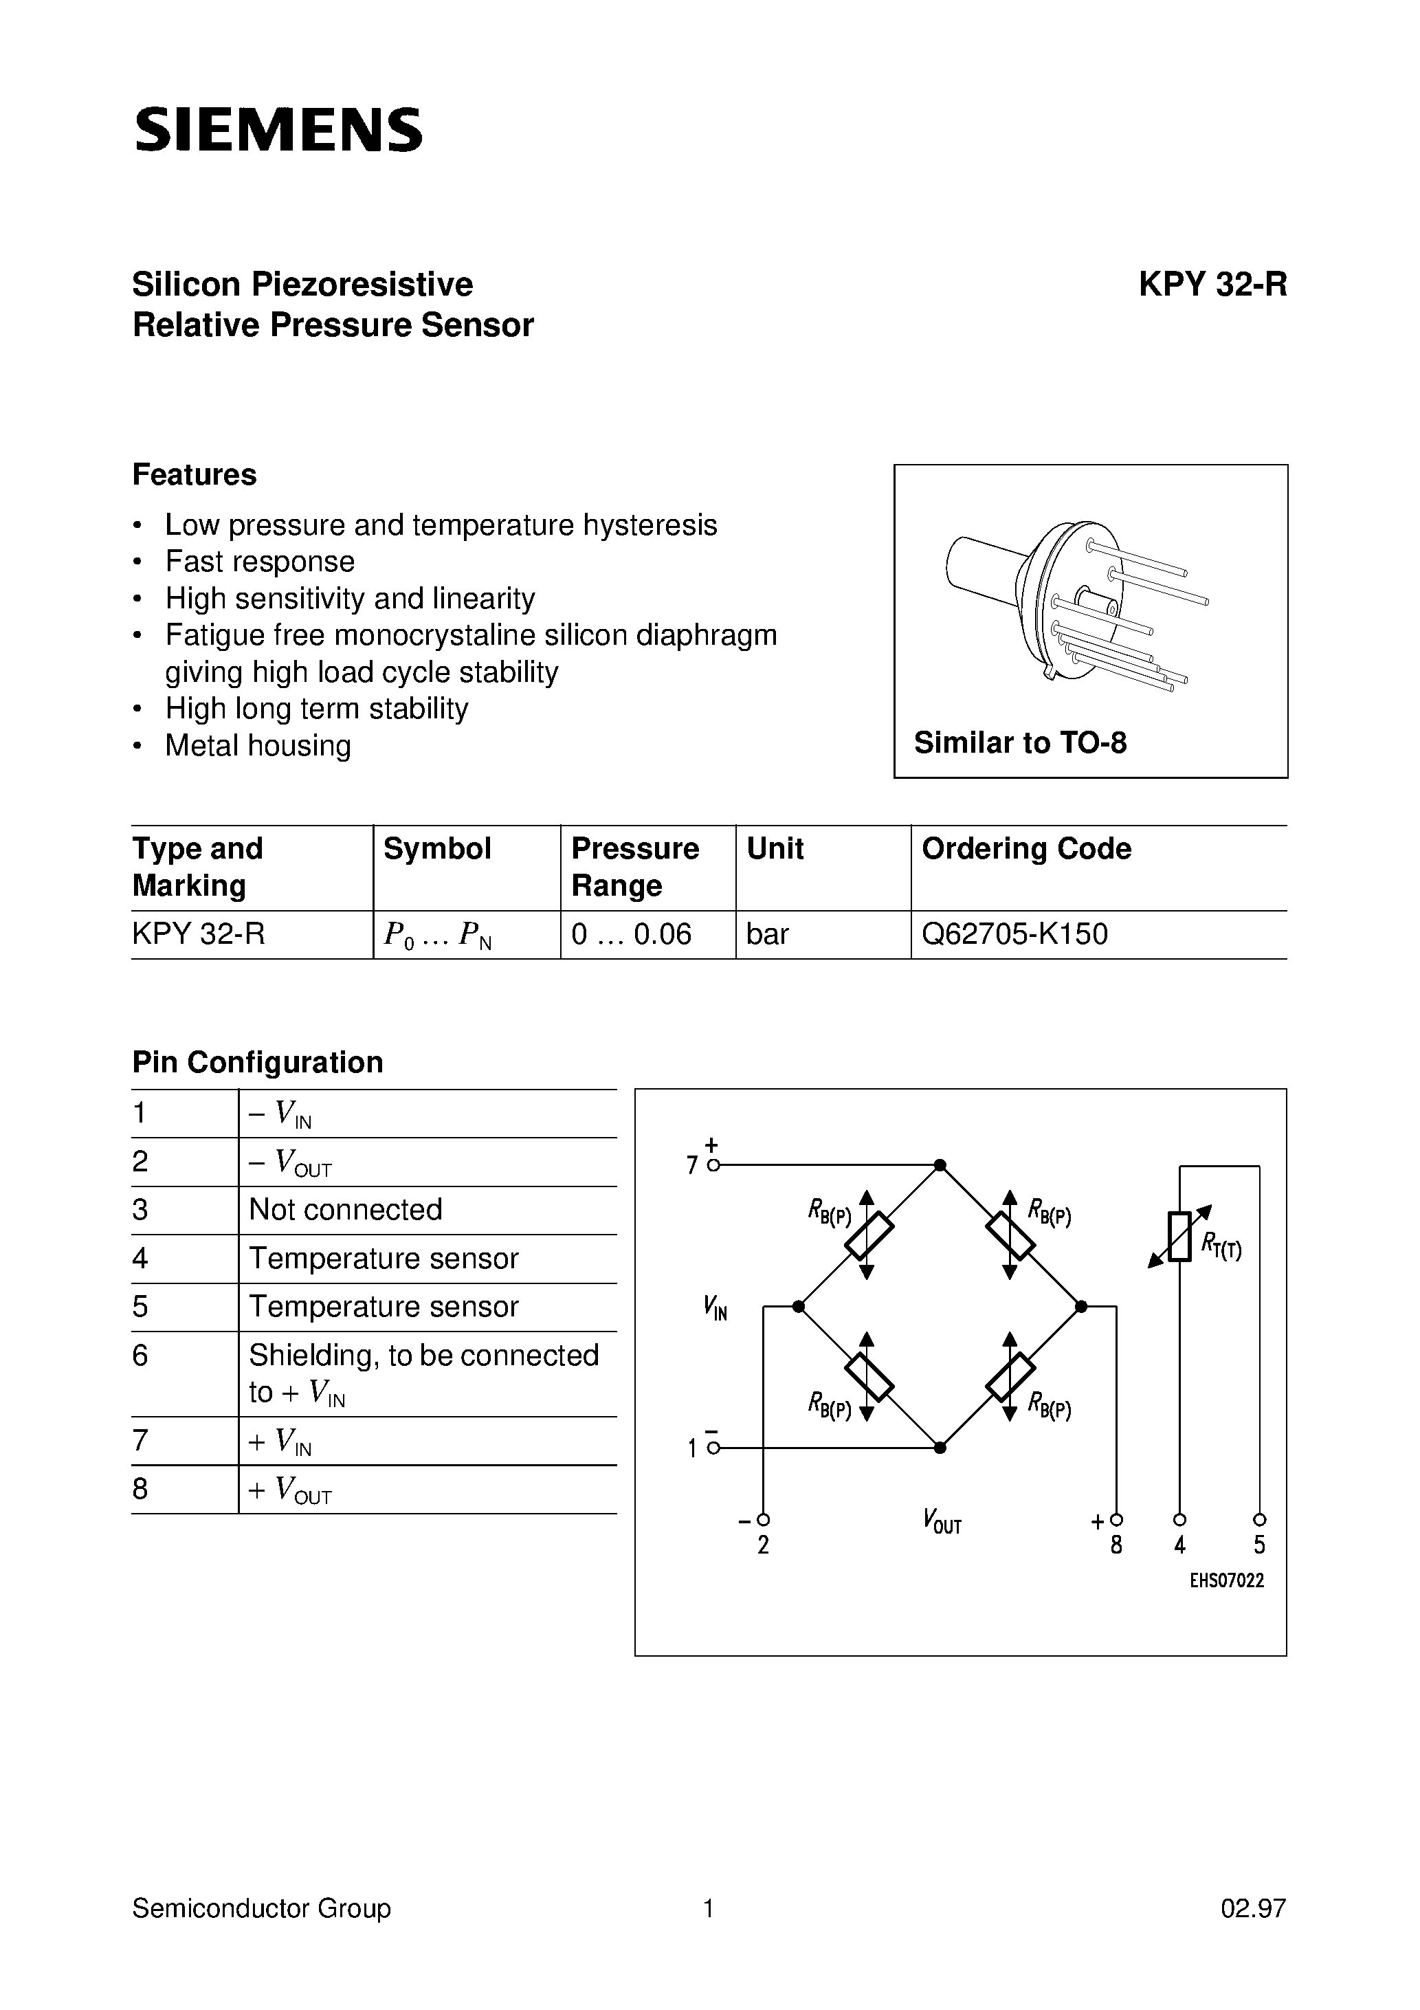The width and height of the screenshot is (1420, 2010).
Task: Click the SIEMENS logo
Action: point(278,131)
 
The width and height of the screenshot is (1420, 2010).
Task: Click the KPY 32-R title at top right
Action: point(1212,285)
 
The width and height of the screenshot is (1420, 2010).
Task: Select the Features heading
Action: point(195,474)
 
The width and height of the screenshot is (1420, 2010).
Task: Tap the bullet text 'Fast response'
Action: point(260,561)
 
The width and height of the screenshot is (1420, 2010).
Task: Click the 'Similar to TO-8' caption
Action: point(1020,742)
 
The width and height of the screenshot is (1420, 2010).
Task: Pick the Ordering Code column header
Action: point(1026,848)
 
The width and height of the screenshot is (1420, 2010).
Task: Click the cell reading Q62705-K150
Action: point(1014,934)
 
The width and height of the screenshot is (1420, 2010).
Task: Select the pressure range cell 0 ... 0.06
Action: point(631,934)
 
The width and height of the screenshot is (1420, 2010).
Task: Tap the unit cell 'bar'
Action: point(768,934)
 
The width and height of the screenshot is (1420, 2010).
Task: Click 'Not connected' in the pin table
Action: point(346,1210)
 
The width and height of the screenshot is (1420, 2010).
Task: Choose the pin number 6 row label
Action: point(140,1355)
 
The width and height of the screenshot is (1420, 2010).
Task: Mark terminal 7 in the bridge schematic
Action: point(713,1165)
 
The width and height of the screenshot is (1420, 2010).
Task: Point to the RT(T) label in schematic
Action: point(1221,1244)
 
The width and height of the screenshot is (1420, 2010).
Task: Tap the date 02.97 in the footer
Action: point(1253,1908)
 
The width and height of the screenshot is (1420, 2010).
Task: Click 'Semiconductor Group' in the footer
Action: point(261,1908)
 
